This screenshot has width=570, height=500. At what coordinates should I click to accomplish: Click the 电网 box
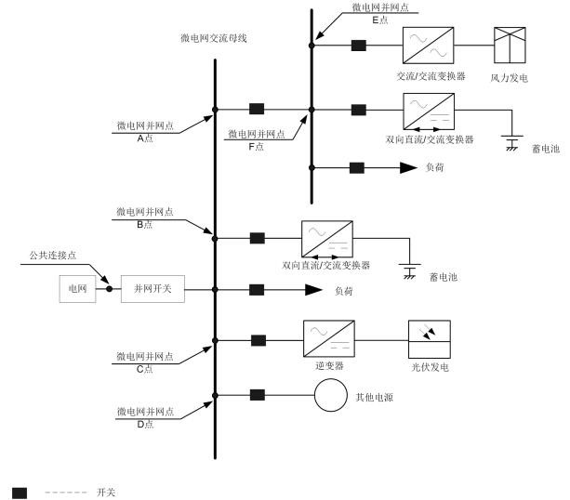77,289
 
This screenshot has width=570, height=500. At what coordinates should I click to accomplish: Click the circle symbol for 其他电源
327,396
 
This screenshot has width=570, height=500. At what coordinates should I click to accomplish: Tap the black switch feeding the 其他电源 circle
258,396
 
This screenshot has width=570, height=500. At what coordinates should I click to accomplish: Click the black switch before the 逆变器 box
258,341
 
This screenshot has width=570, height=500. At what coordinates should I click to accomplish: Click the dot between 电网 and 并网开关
109,289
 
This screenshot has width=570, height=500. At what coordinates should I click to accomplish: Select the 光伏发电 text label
430,368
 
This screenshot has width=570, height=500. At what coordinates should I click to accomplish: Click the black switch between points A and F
258,110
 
